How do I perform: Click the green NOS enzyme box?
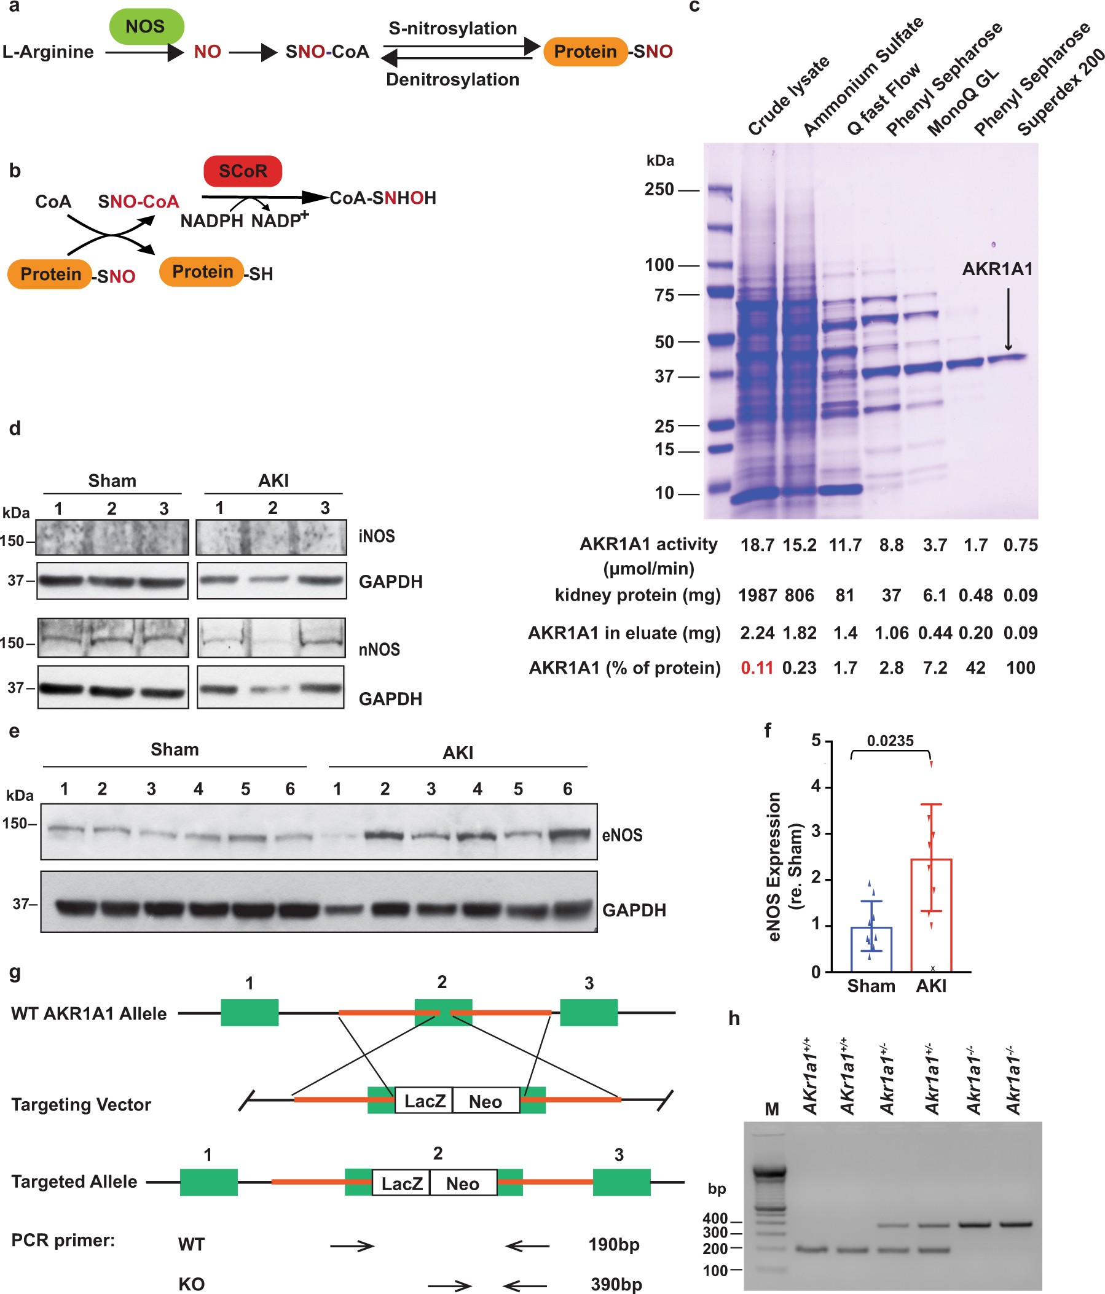pyautogui.click(x=146, y=26)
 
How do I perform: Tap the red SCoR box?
pyautogui.click(x=243, y=171)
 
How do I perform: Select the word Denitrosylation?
pyautogui.click(x=452, y=79)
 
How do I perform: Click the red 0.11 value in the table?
pyautogui.click(x=757, y=668)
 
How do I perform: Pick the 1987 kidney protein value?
pyautogui.click(x=757, y=595)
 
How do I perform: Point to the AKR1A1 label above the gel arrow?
pyautogui.click(x=997, y=269)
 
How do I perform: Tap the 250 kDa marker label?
pyautogui.click(x=659, y=189)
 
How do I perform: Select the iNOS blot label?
pyautogui.click(x=376, y=536)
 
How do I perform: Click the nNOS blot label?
pyautogui.click(x=379, y=650)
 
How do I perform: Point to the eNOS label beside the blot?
pyautogui.click(x=622, y=835)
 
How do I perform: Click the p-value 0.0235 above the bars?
pyautogui.click(x=890, y=741)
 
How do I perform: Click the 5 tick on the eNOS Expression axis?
pyautogui.click(x=816, y=741)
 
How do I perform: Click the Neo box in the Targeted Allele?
pyautogui.click(x=463, y=1183)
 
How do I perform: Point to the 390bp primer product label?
pyautogui.click(x=616, y=1284)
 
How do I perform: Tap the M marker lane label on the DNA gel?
pyautogui.click(x=772, y=1109)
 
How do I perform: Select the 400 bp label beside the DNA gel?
pyautogui.click(x=715, y=1218)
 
